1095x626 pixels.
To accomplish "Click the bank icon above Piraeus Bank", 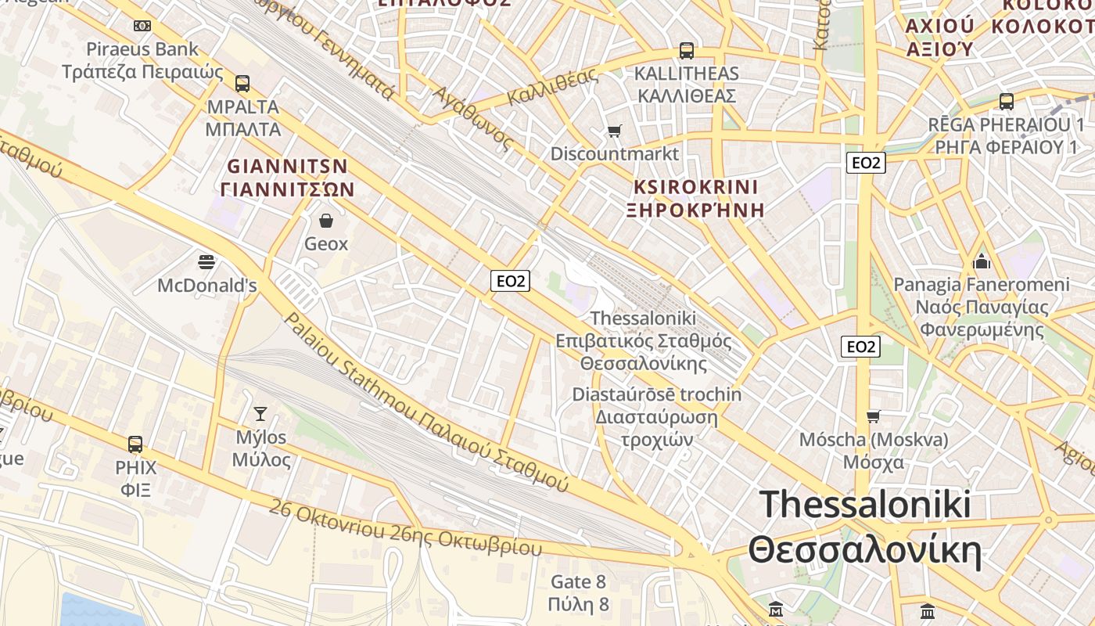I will [x=142, y=26].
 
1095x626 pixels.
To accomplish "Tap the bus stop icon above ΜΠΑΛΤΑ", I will [x=242, y=83].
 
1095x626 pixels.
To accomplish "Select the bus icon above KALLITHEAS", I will [x=687, y=51].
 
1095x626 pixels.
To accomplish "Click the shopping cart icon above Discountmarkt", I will [x=615, y=131].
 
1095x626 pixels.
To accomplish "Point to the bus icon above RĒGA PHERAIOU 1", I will [x=1007, y=102].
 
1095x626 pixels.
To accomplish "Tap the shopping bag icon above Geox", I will [x=326, y=221].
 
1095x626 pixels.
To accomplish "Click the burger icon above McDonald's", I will [x=206, y=262].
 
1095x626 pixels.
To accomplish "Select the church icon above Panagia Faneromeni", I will [x=982, y=261].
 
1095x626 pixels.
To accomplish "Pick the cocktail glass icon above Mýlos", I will [x=260, y=414].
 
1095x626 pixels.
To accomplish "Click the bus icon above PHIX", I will [x=135, y=444].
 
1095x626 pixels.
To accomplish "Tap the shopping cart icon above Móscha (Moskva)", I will [x=874, y=416].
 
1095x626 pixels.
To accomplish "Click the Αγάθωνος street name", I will [x=474, y=118].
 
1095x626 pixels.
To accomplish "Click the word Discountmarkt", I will [x=615, y=153].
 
